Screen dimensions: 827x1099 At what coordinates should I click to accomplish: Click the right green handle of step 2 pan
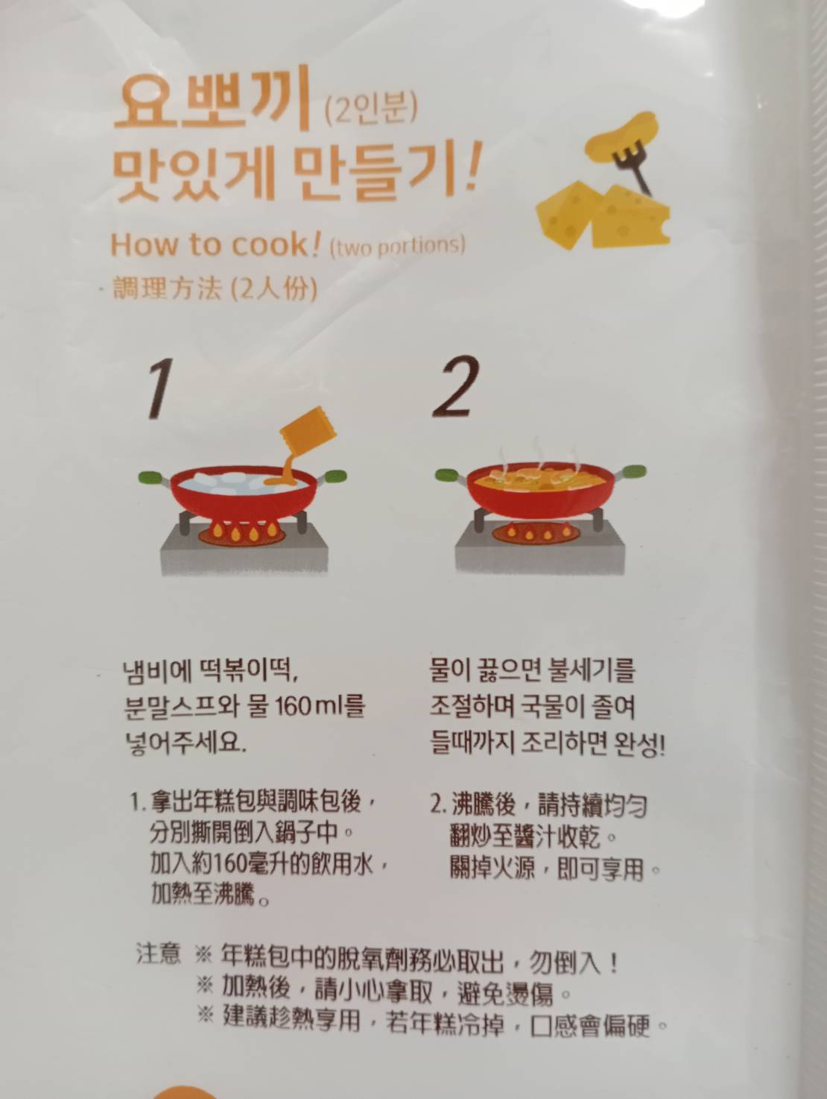point(633,471)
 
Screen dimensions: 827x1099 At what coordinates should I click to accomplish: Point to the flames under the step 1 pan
point(243,531)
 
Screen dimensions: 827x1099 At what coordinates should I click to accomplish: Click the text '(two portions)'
point(397,246)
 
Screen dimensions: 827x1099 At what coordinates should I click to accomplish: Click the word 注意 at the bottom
point(158,954)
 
